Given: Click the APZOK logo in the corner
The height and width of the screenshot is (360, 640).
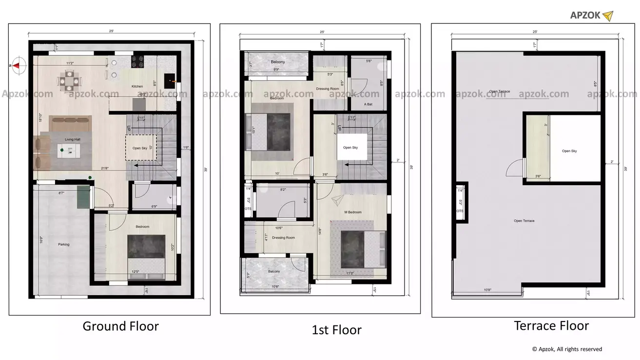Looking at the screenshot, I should tap(591, 16).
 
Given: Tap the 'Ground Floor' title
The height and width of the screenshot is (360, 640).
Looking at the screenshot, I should tap(120, 326).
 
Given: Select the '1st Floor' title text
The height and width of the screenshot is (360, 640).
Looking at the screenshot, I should tap(336, 330).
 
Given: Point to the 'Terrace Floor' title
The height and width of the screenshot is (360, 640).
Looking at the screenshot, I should tap(551, 325).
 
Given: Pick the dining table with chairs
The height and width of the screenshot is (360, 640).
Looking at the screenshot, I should tap(69, 80).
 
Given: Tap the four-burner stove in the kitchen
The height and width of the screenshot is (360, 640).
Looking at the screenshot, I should tap(137, 61).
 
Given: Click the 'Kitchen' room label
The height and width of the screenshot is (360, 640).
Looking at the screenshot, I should tap(137, 87).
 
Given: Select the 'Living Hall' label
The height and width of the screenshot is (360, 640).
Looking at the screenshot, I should tap(73, 140).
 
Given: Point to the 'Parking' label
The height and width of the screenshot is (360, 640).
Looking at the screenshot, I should tap(64, 245).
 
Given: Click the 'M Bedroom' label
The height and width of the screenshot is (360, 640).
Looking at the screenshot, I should tap(353, 212).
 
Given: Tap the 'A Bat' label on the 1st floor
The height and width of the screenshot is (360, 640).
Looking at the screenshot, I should tap(368, 104).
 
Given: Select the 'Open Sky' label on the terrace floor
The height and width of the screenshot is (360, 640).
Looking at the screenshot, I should tap(569, 151).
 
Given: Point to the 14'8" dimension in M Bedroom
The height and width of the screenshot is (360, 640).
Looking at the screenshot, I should tap(319, 232).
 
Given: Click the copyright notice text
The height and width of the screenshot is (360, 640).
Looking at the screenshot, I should tap(566, 349).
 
